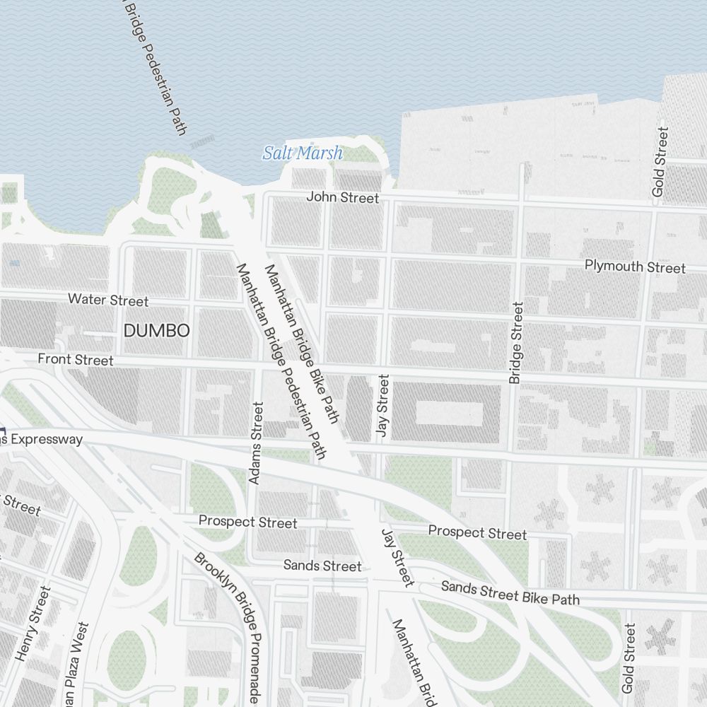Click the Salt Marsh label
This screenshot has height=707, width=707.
point(303,153)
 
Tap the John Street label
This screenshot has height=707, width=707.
point(342,197)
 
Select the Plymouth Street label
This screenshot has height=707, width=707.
point(634,267)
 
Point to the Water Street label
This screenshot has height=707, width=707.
point(108,300)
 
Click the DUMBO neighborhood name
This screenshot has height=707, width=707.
point(156,330)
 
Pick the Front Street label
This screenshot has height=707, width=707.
point(75,360)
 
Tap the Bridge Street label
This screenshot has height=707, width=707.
point(516,343)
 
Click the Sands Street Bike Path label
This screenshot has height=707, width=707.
point(510,592)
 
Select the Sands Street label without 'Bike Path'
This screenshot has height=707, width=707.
point(322,566)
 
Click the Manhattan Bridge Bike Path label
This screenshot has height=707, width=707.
point(301,344)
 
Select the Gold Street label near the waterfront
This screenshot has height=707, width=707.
point(660,162)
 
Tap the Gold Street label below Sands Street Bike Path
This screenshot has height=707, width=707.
point(629,658)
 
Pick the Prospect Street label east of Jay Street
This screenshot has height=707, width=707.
point(477,532)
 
